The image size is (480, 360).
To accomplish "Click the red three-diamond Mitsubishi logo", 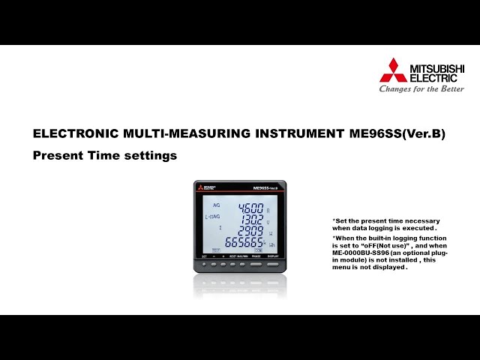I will [x=393, y=70].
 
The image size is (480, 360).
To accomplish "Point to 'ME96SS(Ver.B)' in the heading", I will [x=397, y=134].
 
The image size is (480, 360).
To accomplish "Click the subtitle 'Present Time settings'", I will [x=105, y=156].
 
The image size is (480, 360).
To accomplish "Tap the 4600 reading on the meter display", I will [x=250, y=208].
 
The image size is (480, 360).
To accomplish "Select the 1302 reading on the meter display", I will [x=251, y=220].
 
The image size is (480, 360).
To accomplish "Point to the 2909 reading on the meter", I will [x=251, y=231].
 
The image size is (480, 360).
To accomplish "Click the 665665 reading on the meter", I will [x=245, y=243].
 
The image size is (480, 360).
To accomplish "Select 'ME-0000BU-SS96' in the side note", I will [x=364, y=253].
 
